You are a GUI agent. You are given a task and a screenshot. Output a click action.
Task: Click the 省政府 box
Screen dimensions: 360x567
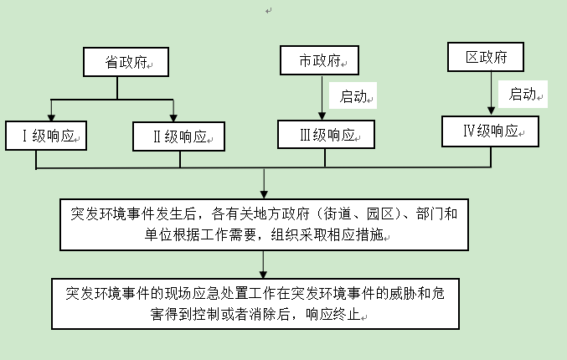[126, 63]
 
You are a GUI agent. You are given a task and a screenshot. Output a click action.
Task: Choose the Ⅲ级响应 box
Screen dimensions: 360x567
[326, 134]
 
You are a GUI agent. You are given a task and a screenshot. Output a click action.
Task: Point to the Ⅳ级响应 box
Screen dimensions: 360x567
[490, 131]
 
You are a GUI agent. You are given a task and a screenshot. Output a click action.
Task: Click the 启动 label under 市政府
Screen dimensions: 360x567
[354, 96]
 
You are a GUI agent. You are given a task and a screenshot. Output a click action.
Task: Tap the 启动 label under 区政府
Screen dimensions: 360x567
[523, 94]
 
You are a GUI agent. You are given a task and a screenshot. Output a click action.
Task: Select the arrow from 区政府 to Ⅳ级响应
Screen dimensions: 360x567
[490, 92]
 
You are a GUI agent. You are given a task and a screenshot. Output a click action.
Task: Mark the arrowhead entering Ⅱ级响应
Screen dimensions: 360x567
[173, 116]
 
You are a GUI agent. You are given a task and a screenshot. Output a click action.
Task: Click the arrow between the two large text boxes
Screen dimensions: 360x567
[264, 265]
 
